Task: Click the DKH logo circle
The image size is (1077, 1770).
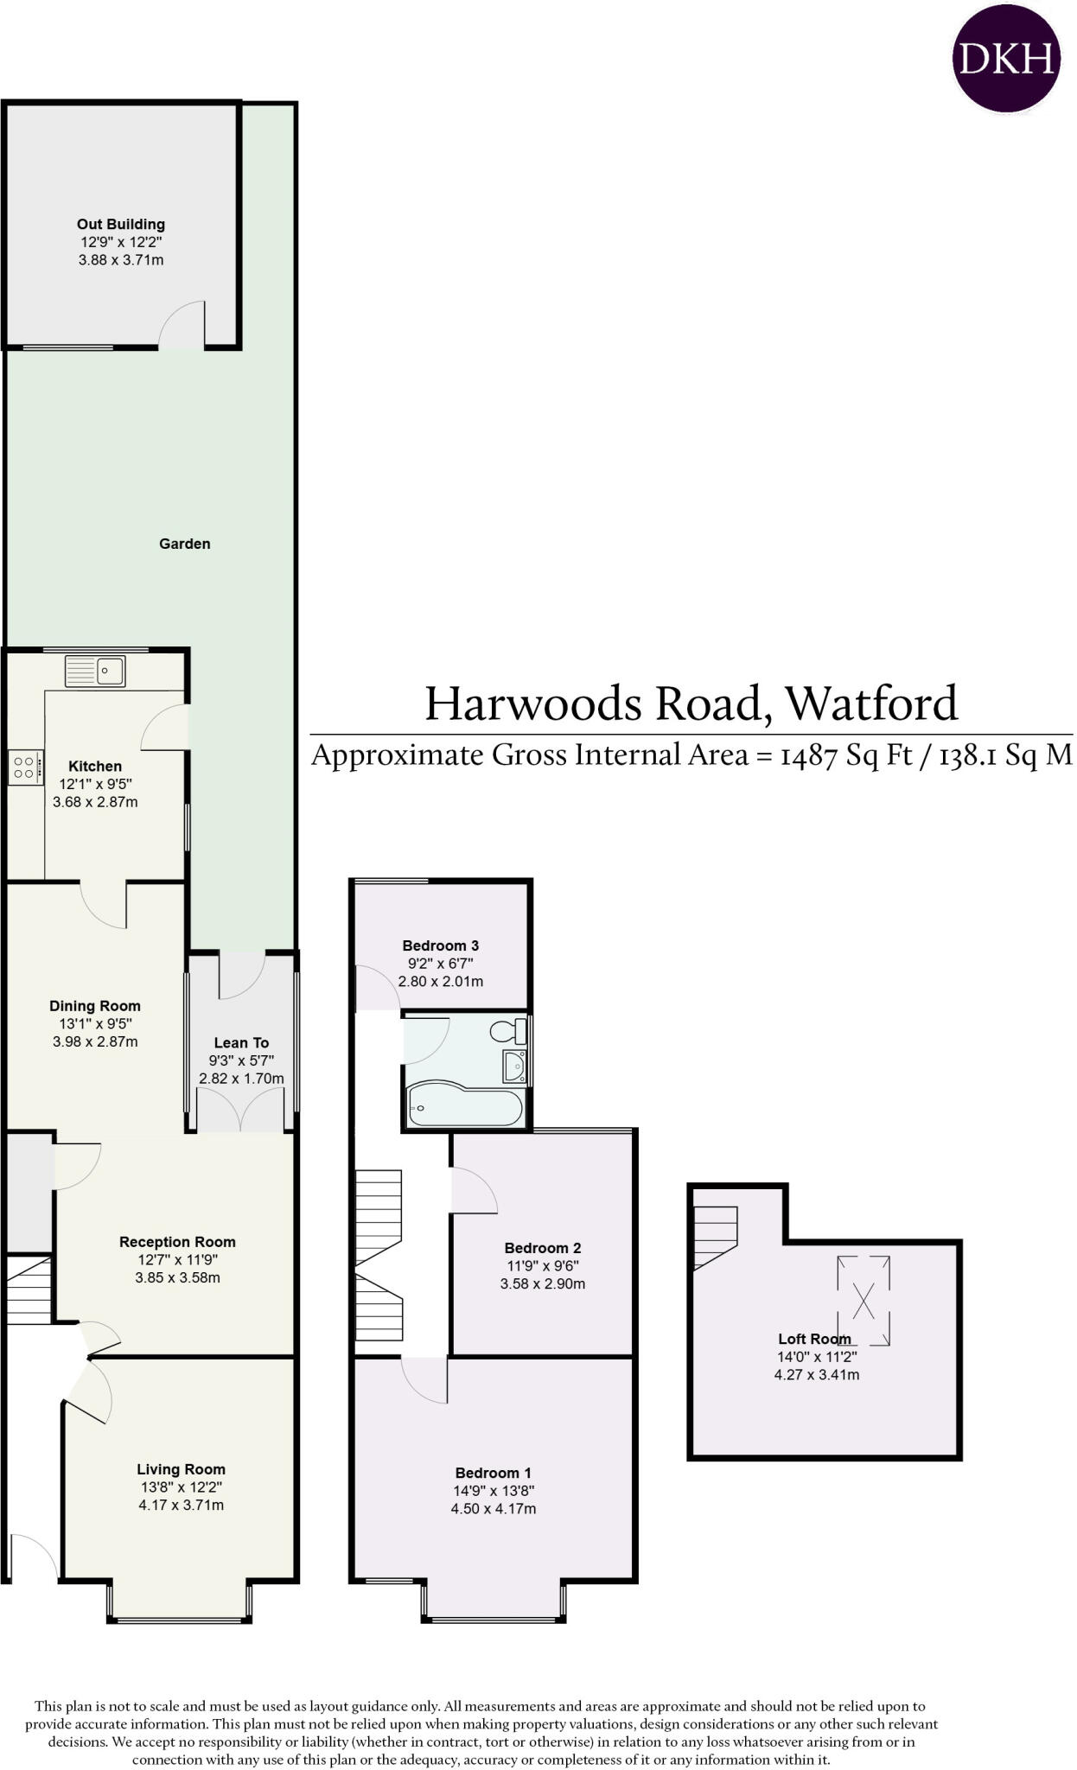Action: point(1006,58)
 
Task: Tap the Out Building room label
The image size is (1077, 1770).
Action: point(121,225)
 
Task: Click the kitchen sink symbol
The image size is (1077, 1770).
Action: point(96,671)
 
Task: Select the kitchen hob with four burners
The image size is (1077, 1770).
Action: point(23,767)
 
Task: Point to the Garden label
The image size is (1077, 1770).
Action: point(184,544)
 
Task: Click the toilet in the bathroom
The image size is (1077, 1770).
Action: point(508,1031)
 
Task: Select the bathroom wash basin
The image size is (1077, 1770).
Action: point(515,1066)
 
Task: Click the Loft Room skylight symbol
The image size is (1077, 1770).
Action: point(864,1300)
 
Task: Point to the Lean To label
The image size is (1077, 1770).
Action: point(241,1043)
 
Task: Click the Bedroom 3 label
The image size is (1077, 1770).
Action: point(440,945)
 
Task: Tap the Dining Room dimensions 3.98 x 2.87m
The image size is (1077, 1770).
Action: point(95,1041)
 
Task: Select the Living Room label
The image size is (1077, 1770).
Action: point(181,1469)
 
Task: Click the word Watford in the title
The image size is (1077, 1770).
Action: point(871,704)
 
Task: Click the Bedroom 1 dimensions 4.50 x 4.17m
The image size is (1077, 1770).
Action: point(493,1509)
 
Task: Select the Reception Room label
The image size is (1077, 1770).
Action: point(177,1242)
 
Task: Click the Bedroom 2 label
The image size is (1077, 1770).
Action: point(542,1248)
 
